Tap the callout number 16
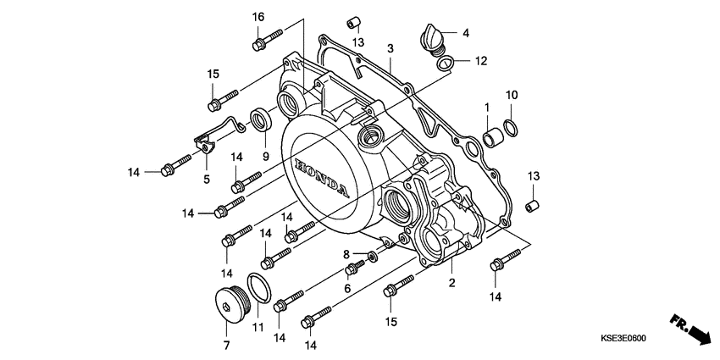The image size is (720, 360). coord(258,17)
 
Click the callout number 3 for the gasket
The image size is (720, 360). coord(390,50)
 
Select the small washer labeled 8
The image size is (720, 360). coord(373,255)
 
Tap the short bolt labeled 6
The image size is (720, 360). coord(353,269)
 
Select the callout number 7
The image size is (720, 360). coord(226,346)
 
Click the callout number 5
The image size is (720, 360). coord(206,179)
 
